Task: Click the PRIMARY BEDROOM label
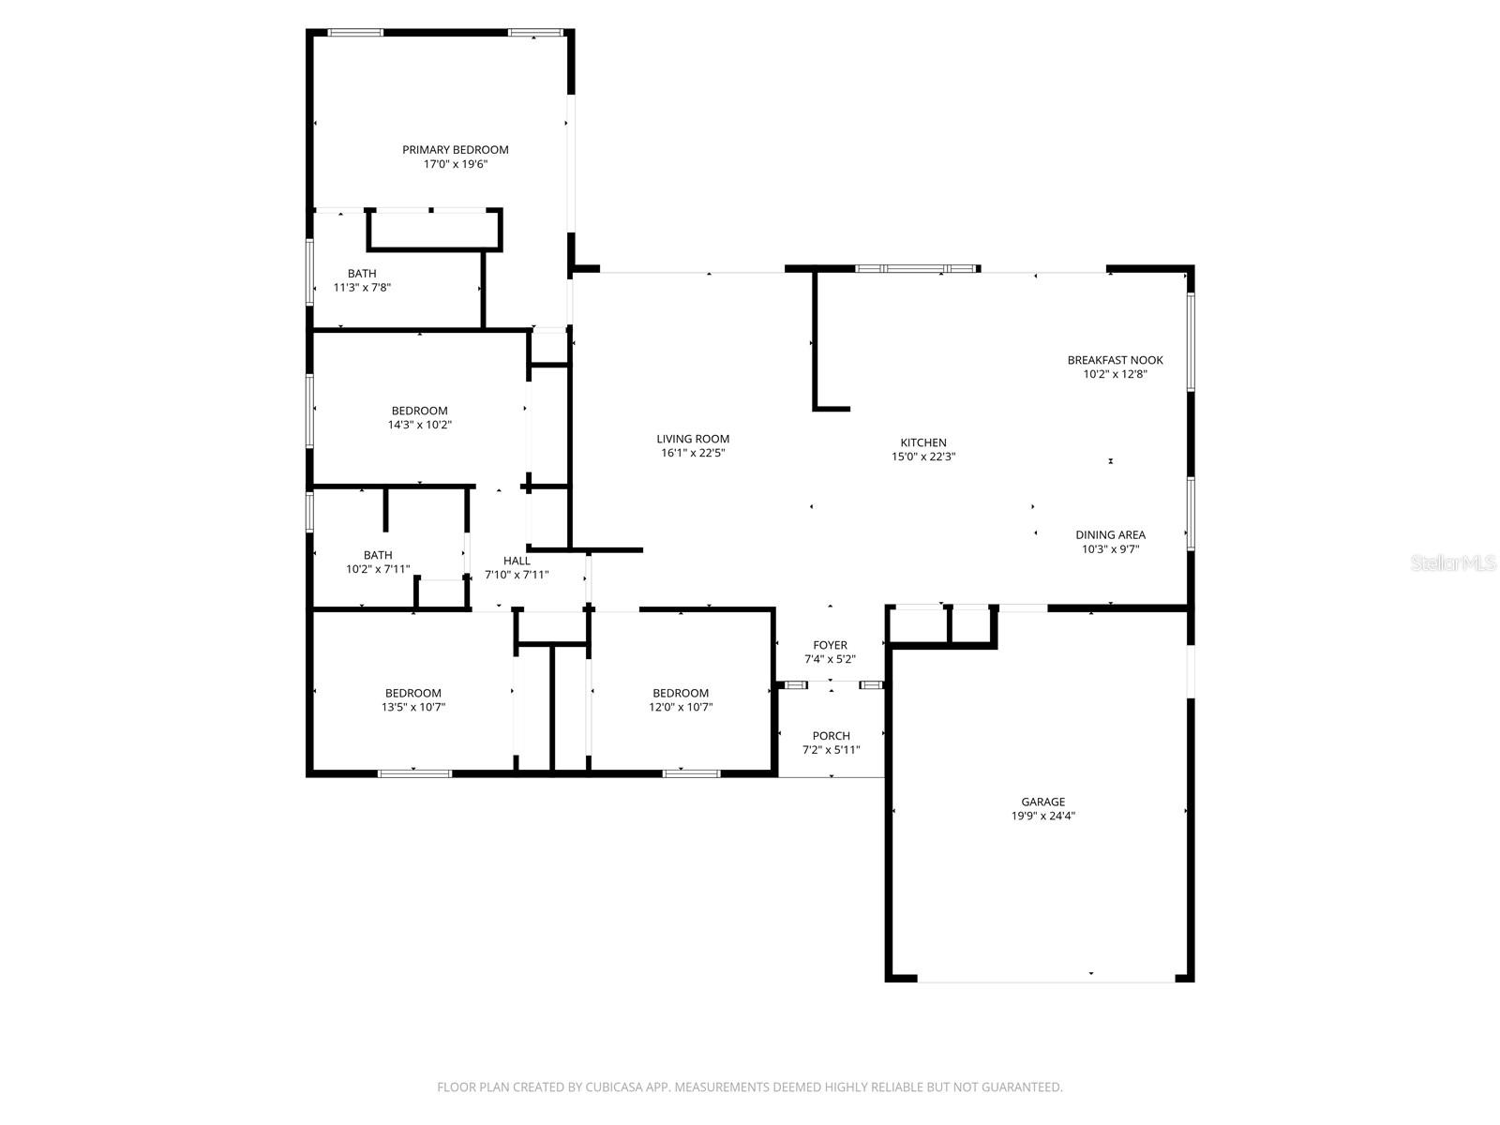(x=456, y=150)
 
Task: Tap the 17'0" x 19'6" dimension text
(x=456, y=164)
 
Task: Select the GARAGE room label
(x=1042, y=802)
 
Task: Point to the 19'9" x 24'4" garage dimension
(x=1042, y=816)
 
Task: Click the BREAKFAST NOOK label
(x=1115, y=360)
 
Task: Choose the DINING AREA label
(x=1110, y=535)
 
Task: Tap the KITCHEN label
(x=923, y=442)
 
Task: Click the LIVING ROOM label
(x=693, y=439)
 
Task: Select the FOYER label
(x=830, y=645)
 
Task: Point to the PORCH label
(x=831, y=736)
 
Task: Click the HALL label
(x=517, y=561)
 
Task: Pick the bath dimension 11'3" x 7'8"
(x=362, y=288)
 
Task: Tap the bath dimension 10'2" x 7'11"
(x=378, y=569)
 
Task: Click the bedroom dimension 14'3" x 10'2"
(x=419, y=425)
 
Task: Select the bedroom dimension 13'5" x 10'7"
(x=412, y=708)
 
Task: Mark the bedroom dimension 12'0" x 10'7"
(x=681, y=708)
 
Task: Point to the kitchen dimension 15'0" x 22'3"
(x=923, y=457)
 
